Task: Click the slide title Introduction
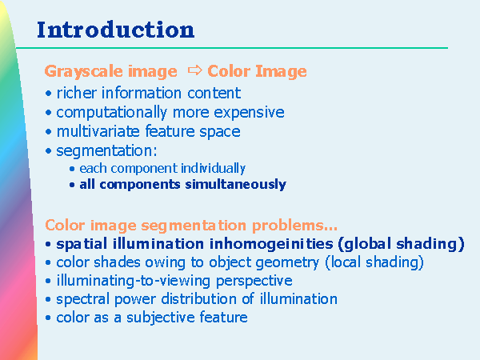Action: (x=116, y=30)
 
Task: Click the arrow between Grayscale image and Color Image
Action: (x=195, y=70)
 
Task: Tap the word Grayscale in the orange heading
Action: (x=84, y=72)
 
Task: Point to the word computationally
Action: (x=111, y=113)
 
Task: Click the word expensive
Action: (x=249, y=113)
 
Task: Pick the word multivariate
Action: (x=98, y=131)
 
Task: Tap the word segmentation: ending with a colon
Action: (x=106, y=151)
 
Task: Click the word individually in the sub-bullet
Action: (x=213, y=168)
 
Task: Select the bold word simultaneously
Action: (x=235, y=185)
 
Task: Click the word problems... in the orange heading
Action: (x=294, y=226)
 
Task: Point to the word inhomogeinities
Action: (x=271, y=244)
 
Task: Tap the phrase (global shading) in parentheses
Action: (x=402, y=244)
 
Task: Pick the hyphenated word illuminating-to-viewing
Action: (x=134, y=281)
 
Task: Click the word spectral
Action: (x=83, y=300)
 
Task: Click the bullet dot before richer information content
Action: (x=48, y=93)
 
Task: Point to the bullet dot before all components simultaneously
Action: (x=72, y=185)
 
